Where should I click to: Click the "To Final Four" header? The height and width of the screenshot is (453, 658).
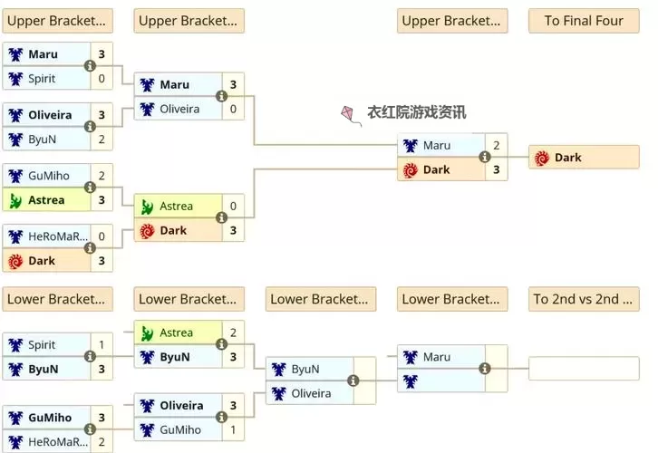[584, 21]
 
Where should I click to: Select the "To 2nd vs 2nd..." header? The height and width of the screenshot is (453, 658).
[584, 299]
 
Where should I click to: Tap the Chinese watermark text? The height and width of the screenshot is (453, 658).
[416, 113]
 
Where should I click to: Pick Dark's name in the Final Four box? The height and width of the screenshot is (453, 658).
[568, 158]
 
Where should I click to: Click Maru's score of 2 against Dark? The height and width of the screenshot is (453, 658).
[496, 145]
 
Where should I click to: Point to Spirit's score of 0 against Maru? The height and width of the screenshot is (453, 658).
[102, 79]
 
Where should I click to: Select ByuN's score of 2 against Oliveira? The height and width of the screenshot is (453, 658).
[102, 140]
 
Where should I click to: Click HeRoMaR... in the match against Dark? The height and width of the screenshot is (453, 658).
[53, 236]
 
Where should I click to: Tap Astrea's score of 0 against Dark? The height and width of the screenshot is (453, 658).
[233, 206]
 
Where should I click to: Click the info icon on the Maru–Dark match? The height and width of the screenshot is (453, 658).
[484, 157]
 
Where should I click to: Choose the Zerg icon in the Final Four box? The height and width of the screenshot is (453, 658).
[542, 158]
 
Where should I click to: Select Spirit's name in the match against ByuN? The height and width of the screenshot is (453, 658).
[42, 345]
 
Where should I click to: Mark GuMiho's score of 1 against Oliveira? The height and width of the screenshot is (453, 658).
[233, 429]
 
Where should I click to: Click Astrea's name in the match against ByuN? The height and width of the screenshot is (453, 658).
[176, 333]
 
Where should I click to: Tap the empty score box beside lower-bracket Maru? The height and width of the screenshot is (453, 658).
[496, 357]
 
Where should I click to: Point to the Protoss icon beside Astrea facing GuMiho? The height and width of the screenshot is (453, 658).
[15, 200]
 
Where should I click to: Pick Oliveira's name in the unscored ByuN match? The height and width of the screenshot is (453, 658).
[311, 393]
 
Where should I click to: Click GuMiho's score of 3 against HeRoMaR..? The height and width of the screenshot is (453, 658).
[102, 418]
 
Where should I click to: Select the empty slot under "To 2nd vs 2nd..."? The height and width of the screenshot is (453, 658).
[584, 369]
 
